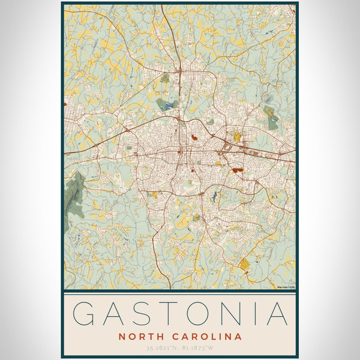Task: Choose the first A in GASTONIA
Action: (115, 314)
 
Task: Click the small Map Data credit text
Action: (286, 287)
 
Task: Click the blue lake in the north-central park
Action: (167, 106)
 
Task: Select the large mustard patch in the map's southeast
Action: (244, 263)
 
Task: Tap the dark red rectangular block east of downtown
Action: (238, 170)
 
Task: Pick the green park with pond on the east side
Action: (271, 118)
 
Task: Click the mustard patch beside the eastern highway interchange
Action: (237, 137)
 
